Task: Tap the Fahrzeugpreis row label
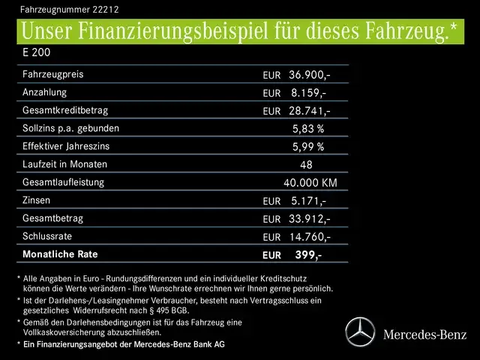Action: (x=53, y=74)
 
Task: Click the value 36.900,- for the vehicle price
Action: (x=309, y=75)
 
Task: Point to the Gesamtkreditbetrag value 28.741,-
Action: (x=309, y=111)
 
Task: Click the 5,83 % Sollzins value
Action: (x=307, y=129)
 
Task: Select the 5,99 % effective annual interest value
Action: (x=307, y=147)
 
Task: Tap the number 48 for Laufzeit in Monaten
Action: (x=306, y=165)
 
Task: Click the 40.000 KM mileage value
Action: (x=310, y=183)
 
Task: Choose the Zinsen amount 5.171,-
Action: (x=307, y=201)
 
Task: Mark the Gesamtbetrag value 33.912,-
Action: (x=309, y=219)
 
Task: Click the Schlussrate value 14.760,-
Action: (x=309, y=237)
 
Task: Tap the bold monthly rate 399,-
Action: (x=308, y=255)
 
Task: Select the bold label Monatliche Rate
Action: (x=61, y=254)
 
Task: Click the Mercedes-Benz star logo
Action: (x=360, y=331)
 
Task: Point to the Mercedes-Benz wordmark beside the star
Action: (x=424, y=333)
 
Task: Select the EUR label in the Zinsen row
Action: (x=271, y=202)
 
